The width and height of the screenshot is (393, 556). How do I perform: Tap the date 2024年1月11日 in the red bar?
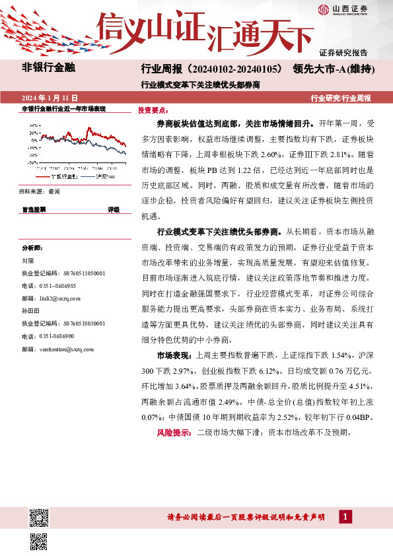tap(50, 98)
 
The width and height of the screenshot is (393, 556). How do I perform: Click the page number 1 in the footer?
tap(345, 516)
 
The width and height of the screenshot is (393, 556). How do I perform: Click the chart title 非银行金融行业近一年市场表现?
tap(64, 108)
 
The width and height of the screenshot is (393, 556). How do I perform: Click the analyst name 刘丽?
tap(28, 261)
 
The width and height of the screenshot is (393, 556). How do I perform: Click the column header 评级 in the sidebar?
tap(114, 209)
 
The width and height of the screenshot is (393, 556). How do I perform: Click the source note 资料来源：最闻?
tap(40, 191)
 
